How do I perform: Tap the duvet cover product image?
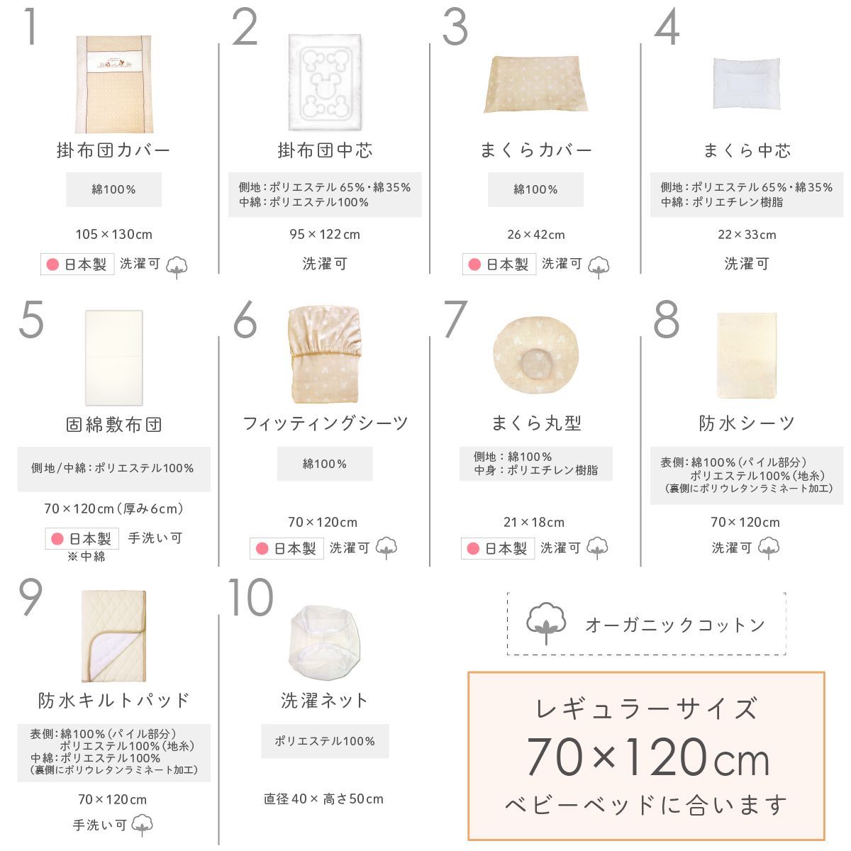114,84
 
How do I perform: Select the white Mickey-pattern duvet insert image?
325,82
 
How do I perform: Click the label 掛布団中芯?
325,150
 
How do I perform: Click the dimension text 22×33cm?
747,235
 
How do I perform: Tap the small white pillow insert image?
746,84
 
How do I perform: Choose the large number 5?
31,321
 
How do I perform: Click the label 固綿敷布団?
114,425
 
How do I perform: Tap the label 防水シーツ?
747,423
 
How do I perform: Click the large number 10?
250,597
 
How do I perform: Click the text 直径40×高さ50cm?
323,799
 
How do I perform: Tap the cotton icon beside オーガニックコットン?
545,623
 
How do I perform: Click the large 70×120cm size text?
647,757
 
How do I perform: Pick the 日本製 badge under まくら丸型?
497,548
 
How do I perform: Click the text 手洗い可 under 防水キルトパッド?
99,825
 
